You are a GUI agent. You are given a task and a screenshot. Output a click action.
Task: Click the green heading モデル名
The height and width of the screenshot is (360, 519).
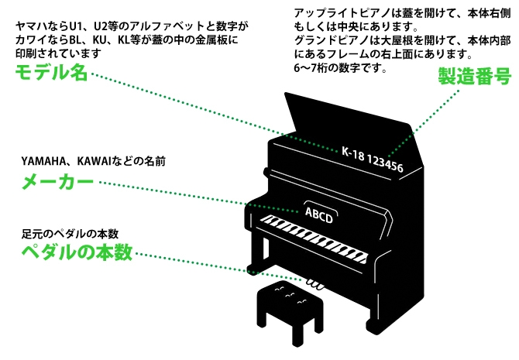click(x=50, y=74)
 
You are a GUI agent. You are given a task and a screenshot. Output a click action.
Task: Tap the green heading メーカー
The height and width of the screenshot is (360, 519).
click(x=56, y=183)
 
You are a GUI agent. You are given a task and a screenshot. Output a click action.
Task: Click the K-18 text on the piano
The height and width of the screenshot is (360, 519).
click(x=352, y=152)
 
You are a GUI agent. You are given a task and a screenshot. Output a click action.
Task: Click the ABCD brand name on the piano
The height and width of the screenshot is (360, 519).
click(x=319, y=214)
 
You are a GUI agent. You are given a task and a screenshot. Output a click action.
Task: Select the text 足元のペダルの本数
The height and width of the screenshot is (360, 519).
click(x=69, y=233)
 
